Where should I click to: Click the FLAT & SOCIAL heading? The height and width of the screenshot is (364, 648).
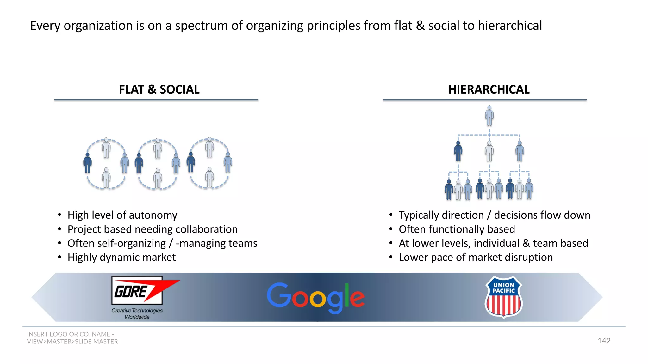pyautogui.click(x=159, y=89)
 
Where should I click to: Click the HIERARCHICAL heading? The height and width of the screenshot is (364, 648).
pyautogui.click(x=489, y=89)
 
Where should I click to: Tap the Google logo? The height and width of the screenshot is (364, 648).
pyautogui.click(x=315, y=297)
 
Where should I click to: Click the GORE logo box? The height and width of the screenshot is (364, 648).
pyautogui.click(x=137, y=290)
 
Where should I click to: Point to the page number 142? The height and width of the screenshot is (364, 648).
pyautogui.click(x=604, y=341)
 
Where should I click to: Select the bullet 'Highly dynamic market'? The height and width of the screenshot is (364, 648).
pyautogui.click(x=121, y=258)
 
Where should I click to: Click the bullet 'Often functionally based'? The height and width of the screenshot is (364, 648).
pyautogui.click(x=457, y=229)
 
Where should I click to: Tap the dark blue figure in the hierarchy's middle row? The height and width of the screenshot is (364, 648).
pyautogui.click(x=458, y=151)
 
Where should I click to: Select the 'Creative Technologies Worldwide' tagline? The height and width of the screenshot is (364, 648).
pyautogui.click(x=137, y=314)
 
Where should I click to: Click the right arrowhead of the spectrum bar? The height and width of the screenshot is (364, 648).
pyautogui.click(x=592, y=297)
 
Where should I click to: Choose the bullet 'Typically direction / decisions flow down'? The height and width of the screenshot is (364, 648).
pyautogui.click(x=494, y=215)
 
